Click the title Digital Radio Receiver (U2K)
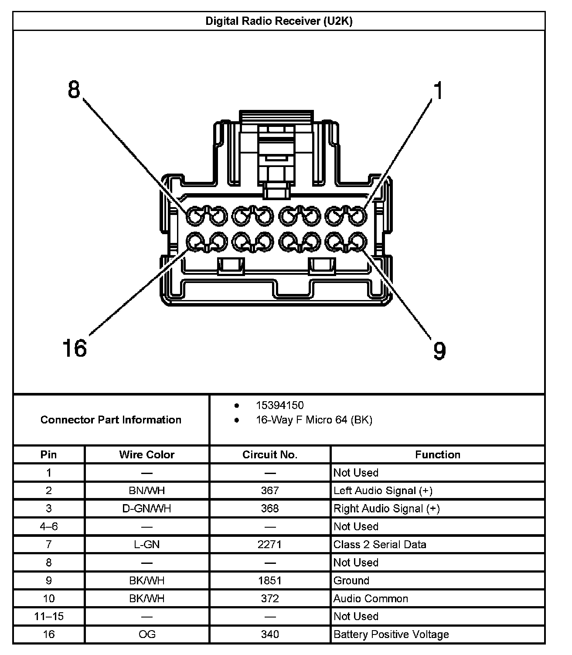[x=279, y=21]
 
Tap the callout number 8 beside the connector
[x=75, y=90]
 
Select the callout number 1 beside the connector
[x=438, y=91]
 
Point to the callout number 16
[x=75, y=348]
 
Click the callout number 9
[x=439, y=351]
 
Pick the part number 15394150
[x=279, y=405]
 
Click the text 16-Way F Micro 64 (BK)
[x=314, y=420]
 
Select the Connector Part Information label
[x=111, y=420]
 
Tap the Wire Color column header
[x=147, y=454]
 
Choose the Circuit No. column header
[x=270, y=454]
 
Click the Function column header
[x=437, y=454]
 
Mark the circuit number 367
[x=270, y=491]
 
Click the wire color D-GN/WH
[x=147, y=508]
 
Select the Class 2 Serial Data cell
[x=380, y=544]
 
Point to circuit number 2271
[x=270, y=544]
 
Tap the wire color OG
[x=147, y=634]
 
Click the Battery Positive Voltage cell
[x=391, y=634]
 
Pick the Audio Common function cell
[x=371, y=598]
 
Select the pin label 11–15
[x=49, y=616]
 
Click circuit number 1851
[x=270, y=580]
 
